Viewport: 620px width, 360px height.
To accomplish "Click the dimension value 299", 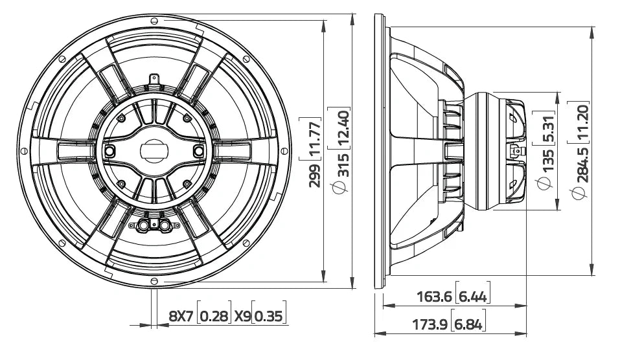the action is (x=315, y=175).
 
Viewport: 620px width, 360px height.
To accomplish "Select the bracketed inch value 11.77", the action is (x=315, y=139).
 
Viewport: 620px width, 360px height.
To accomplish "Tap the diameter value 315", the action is (x=343, y=165).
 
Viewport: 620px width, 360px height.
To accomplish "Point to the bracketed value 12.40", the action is (x=343, y=129).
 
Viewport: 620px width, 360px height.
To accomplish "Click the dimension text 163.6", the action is (x=434, y=296).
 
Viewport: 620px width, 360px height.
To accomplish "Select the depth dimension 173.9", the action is (x=430, y=324).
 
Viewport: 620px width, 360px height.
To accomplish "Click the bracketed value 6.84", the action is (x=468, y=324).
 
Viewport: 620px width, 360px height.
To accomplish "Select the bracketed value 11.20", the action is (x=582, y=123).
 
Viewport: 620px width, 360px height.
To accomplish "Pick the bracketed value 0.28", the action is (x=214, y=316).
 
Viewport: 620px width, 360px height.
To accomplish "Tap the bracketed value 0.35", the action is (x=268, y=316).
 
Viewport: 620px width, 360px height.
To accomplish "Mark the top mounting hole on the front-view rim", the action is (x=154, y=20).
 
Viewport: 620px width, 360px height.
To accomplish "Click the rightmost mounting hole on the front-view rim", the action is (x=284, y=151).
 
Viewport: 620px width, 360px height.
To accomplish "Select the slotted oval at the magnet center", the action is (x=154, y=151).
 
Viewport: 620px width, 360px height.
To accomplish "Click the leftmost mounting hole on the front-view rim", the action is (x=24, y=151).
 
